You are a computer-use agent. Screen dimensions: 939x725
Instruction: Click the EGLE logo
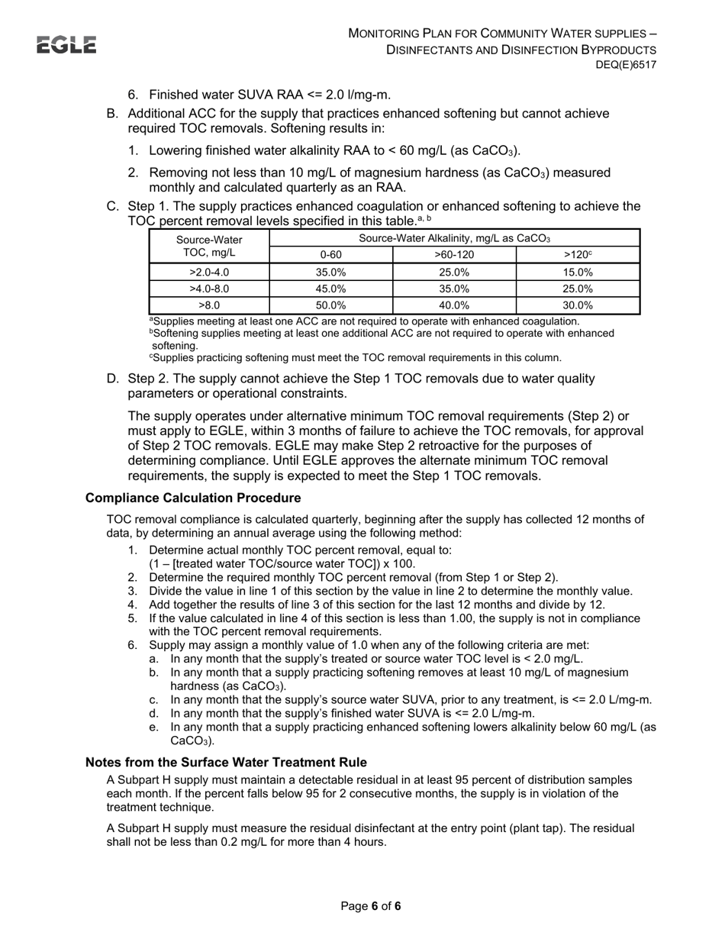pos(67,46)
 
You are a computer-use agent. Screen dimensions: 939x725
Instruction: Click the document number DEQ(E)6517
pos(626,66)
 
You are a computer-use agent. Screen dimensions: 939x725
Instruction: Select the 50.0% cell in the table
pos(331,305)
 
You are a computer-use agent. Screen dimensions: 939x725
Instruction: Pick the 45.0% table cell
pos(331,289)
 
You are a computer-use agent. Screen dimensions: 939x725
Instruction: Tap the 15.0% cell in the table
pos(578,272)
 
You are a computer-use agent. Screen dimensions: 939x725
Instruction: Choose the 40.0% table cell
pos(454,305)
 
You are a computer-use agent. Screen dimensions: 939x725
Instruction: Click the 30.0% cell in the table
pos(578,305)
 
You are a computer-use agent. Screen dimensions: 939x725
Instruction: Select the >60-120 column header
pos(454,255)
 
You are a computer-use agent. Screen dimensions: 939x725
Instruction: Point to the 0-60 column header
pos(331,255)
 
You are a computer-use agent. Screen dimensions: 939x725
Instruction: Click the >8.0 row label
pos(209,305)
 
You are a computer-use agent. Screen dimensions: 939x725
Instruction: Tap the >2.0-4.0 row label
pos(209,272)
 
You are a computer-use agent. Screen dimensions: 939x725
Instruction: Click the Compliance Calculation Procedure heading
pos(193,499)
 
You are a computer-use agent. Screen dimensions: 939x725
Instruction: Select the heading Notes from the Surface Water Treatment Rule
pos(226,763)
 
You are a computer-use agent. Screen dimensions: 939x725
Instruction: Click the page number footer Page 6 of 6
pos(371,906)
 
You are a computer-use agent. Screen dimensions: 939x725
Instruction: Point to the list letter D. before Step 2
pos(113,379)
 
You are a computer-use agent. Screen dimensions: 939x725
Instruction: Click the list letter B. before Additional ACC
pos(113,114)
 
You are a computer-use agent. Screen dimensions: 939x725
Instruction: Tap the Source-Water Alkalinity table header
pos(454,238)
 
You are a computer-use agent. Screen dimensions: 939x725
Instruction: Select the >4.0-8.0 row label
pos(209,289)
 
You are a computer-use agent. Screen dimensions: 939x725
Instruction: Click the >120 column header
pos(578,255)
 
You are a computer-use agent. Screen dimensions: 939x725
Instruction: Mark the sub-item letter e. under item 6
pos(154,728)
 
